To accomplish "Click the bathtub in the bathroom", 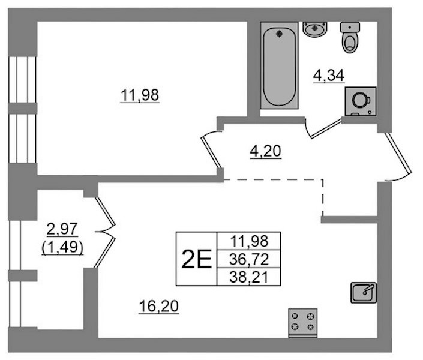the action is point(279,65).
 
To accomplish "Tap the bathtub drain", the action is point(279,34).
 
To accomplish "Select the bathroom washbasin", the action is point(314,29).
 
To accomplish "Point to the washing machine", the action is point(361,101).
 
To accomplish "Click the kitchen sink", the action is point(364,293).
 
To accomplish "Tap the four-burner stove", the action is point(302,323).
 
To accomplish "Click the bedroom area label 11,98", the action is point(140,95).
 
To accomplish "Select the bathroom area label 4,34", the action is point(329,76).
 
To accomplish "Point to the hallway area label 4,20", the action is point(266,151).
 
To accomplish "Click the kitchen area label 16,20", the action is point(159,306).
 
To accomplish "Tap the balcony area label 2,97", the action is point(62,229).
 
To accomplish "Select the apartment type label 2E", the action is point(196,259).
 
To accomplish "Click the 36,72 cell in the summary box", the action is point(249,259).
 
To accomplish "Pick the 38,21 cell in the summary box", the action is point(249,277).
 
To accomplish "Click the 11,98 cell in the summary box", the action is point(249,241).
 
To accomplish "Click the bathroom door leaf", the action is point(326,129).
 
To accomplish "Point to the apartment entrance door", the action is point(398,153).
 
